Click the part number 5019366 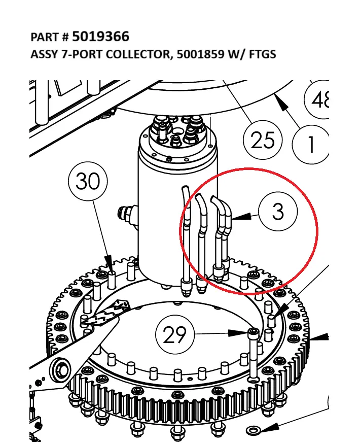pos(100,37)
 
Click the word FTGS pos(262,54)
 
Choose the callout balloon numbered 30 pos(88,181)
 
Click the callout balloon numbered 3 pos(278,211)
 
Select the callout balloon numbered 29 pos(174,335)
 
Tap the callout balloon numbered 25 pos(262,139)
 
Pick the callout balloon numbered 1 pos(311,145)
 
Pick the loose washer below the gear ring pos(252,431)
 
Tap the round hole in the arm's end pos(60,369)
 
